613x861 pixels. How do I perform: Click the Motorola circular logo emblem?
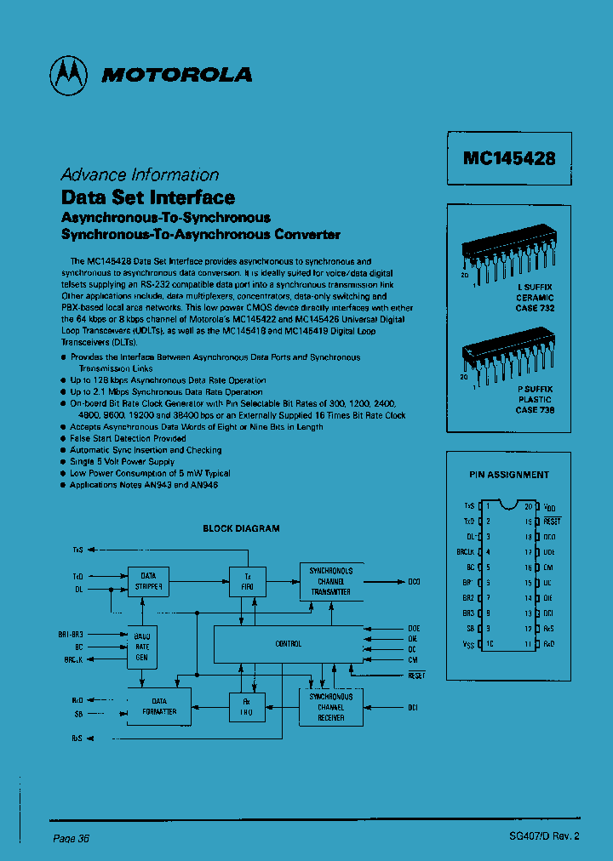69,75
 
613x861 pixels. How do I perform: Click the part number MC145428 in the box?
509,158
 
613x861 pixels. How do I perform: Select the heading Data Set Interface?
147,197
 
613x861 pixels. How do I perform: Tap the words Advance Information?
140,174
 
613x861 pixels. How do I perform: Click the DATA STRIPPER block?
149,582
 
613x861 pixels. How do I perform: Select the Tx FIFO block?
248,582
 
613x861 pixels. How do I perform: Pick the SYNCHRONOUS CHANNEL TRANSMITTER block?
331,581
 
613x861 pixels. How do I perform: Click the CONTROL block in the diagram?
288,644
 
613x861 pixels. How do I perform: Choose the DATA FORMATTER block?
158,707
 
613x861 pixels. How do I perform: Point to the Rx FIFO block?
248,707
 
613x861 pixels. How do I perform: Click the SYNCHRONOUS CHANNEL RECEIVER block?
331,707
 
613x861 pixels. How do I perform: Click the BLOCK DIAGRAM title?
241,528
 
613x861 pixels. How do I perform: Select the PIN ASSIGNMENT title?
509,475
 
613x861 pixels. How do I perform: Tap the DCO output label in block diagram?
414,582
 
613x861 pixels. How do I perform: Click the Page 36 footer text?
71,838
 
